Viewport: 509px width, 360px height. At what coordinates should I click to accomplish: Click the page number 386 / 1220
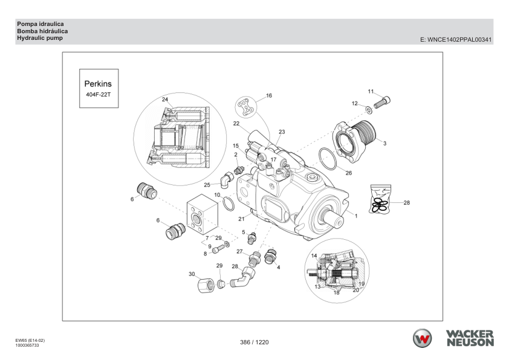point(254,342)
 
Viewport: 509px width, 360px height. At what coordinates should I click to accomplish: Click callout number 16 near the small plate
point(269,95)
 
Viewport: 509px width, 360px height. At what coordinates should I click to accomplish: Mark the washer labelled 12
point(368,110)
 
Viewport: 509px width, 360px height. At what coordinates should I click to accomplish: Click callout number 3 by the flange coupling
point(385,143)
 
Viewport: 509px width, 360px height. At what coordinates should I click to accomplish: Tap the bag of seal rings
point(380,199)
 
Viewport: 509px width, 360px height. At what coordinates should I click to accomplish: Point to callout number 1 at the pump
point(356,215)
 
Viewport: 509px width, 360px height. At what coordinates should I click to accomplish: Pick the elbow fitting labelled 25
point(225,179)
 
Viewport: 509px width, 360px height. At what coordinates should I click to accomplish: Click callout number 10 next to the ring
point(217,195)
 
